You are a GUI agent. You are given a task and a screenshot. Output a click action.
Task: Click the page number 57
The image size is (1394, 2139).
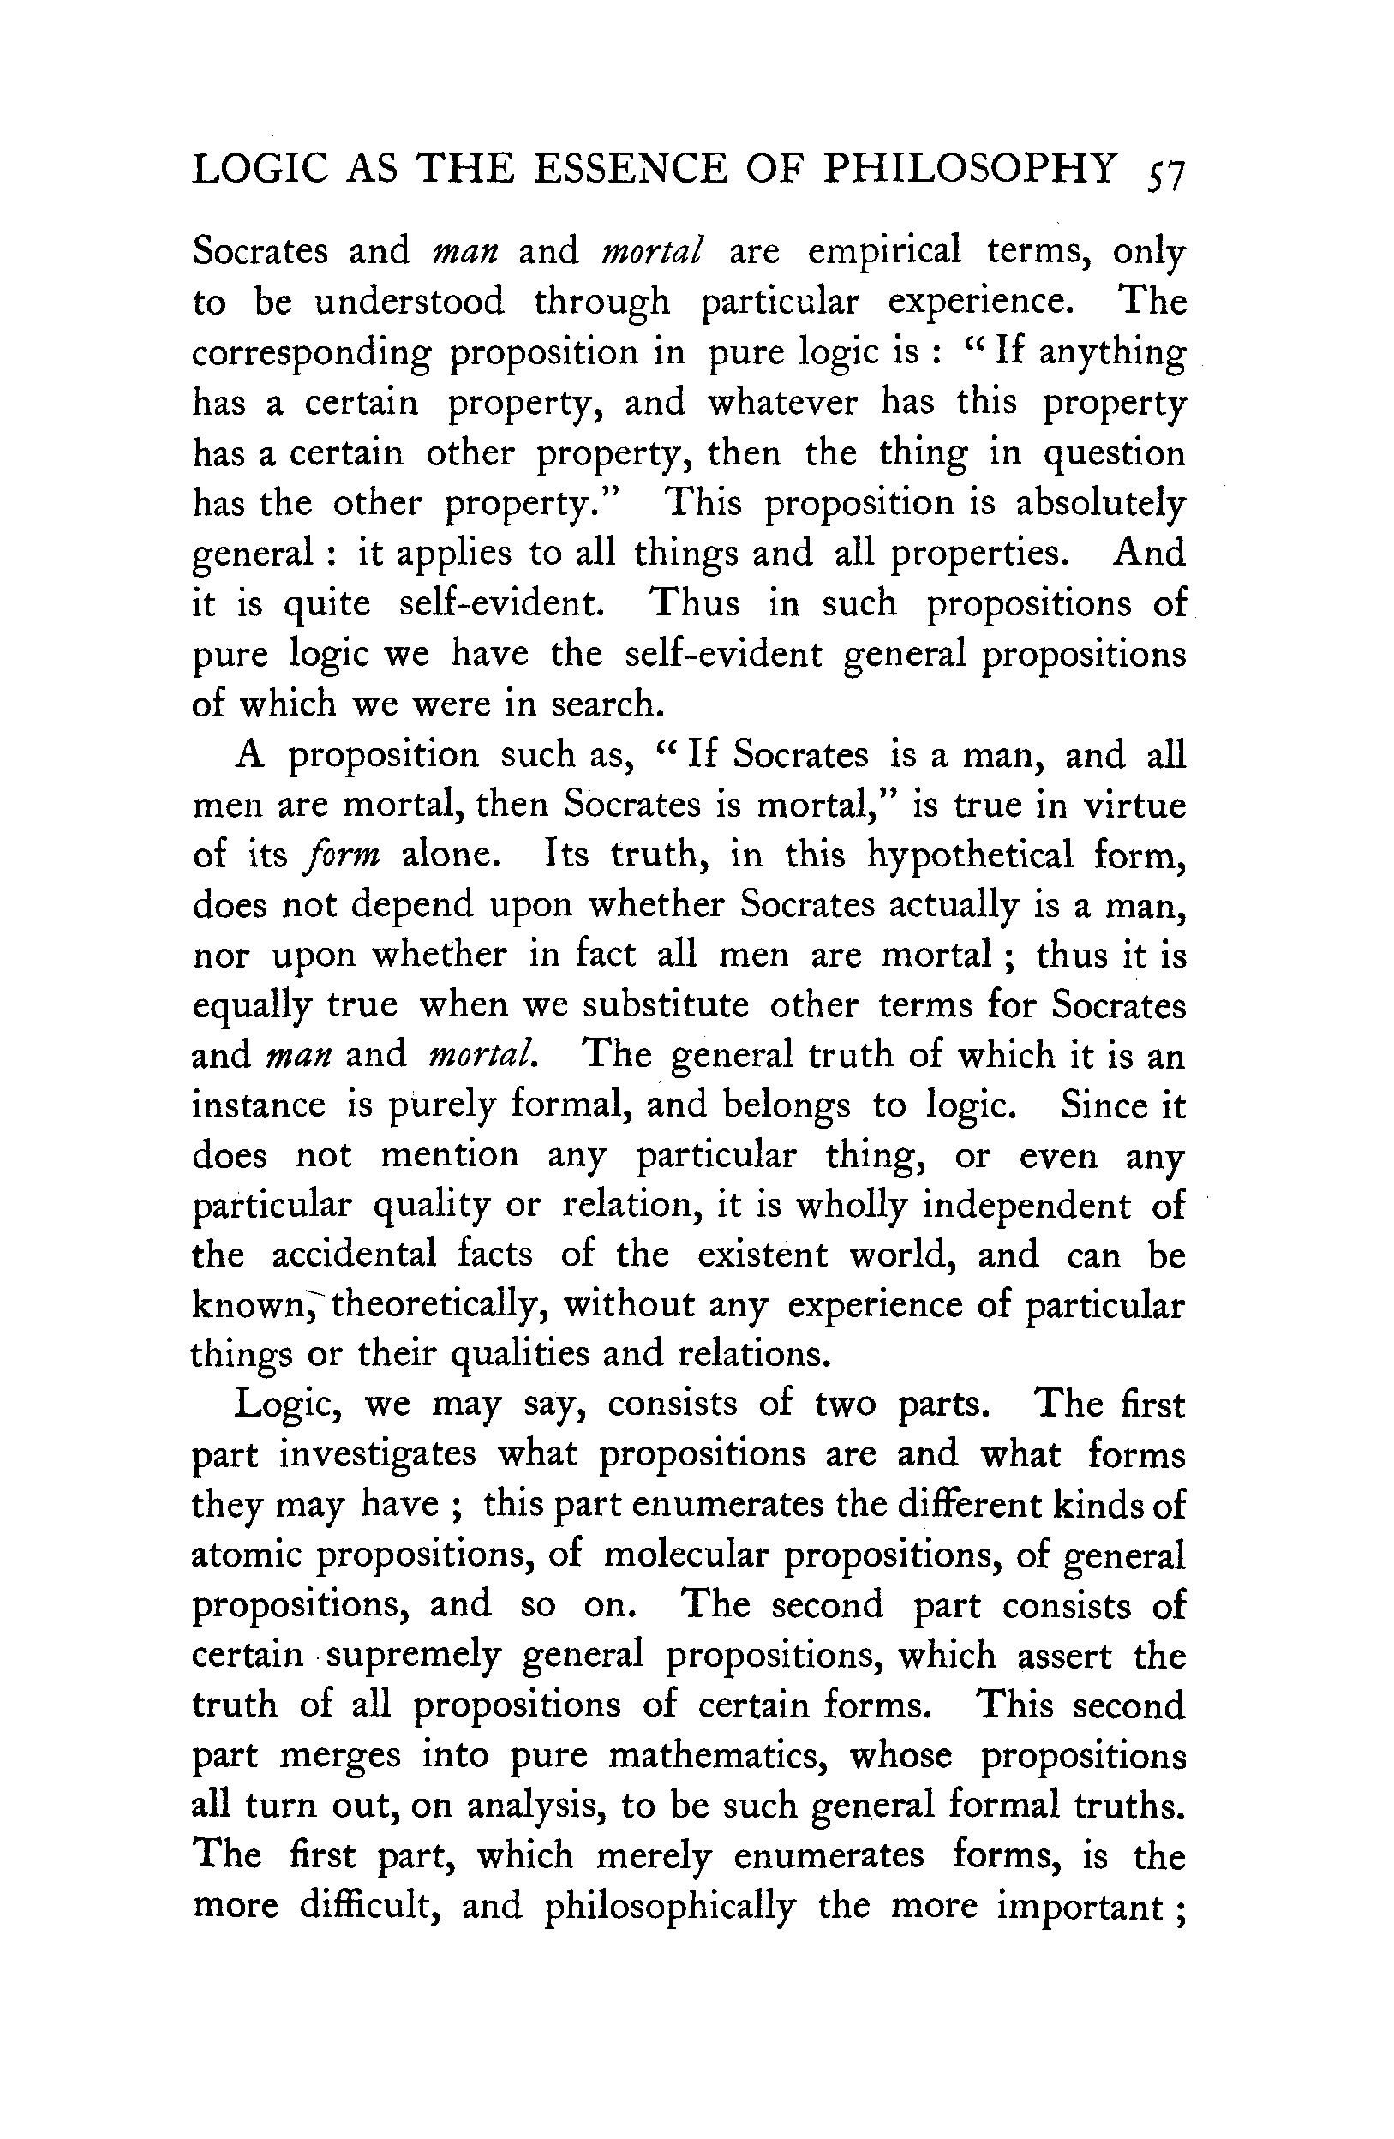coord(1165,174)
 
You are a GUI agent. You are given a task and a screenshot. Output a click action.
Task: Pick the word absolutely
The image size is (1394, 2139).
coord(1100,504)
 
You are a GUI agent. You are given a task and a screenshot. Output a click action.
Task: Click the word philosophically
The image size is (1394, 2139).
coord(670,1907)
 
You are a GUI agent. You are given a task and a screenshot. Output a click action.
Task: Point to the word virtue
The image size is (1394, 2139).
coord(1134,805)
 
